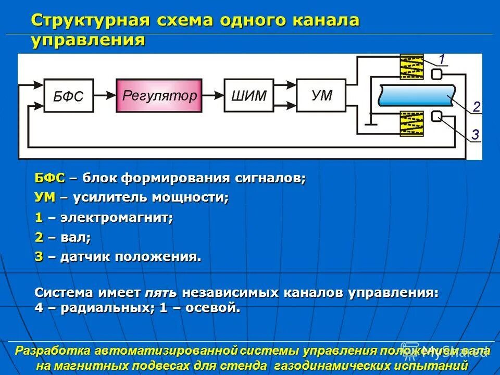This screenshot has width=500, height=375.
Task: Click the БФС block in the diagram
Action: (68, 96)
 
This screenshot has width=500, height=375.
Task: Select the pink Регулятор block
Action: (159, 95)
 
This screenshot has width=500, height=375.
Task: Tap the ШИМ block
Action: (248, 95)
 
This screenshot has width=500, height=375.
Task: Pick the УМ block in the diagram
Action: (321, 95)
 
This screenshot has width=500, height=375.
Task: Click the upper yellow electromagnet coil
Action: (411, 67)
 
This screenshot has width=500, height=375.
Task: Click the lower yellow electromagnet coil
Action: (411, 123)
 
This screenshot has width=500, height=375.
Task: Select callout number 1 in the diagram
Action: (441, 58)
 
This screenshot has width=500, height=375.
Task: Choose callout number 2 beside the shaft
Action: (476, 107)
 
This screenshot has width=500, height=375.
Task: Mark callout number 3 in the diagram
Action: (475, 135)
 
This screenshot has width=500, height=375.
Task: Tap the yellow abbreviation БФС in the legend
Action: (49, 178)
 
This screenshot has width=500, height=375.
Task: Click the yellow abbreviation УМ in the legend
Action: (45, 198)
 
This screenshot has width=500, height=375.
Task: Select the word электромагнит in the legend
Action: (116, 218)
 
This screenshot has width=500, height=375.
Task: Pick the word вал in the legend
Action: (76, 238)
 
